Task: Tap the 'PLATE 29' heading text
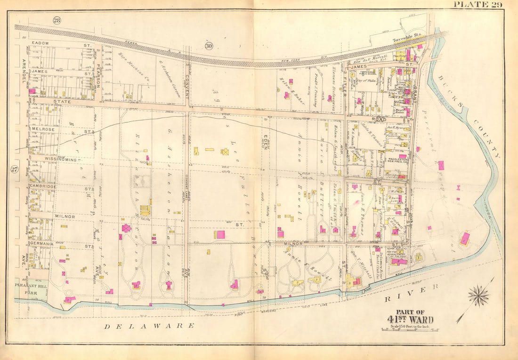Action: pyautogui.click(x=478, y=5)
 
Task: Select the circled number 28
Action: pyautogui.click(x=57, y=20)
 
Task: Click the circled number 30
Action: pyautogui.click(x=209, y=45)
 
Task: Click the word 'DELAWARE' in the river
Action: pyautogui.click(x=149, y=326)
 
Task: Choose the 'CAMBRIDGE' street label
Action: pyautogui.click(x=43, y=187)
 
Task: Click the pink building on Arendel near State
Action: pyautogui.click(x=32, y=91)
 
